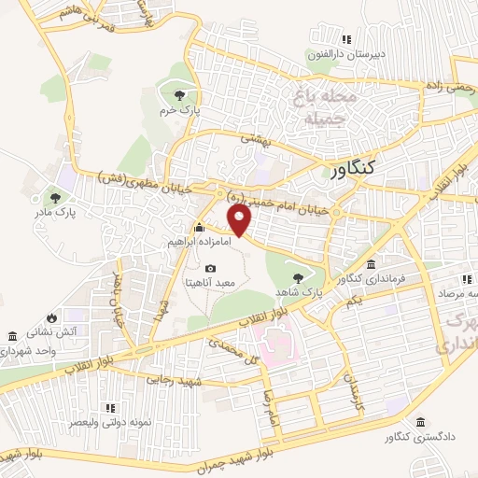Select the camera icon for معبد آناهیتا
tap(209, 269)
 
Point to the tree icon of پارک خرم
tap(178, 94)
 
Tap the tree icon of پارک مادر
tap(56, 198)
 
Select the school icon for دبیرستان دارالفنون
tap(346, 39)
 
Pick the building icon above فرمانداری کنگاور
tap(372, 265)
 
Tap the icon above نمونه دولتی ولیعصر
tap(110, 407)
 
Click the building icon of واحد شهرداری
tap(11, 335)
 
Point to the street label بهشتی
tap(254, 138)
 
